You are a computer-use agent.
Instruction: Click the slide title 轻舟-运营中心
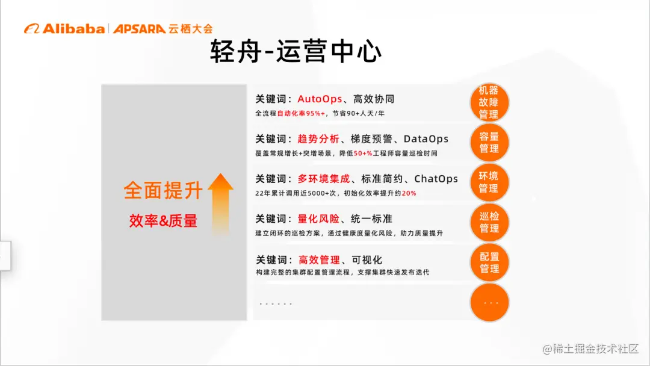[x=296, y=52]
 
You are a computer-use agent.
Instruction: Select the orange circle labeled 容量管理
[x=489, y=142]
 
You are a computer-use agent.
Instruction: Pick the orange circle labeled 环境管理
[x=489, y=182]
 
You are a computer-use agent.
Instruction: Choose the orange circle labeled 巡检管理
[x=489, y=222]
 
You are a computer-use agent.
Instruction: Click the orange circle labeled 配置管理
[x=489, y=262]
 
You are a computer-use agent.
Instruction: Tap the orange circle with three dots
[x=489, y=302]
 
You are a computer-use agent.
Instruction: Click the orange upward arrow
[x=220, y=202]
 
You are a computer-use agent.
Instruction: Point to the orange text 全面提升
[x=163, y=190]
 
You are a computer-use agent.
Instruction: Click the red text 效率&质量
[x=163, y=221]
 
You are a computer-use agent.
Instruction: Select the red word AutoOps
[x=320, y=99]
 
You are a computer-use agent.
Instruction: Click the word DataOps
[x=426, y=139]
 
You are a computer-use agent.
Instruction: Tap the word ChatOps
[x=436, y=179]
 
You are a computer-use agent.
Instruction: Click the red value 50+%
[x=363, y=154]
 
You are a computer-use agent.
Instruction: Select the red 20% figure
[x=409, y=193]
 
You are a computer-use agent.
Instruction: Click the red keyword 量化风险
[x=318, y=219]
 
